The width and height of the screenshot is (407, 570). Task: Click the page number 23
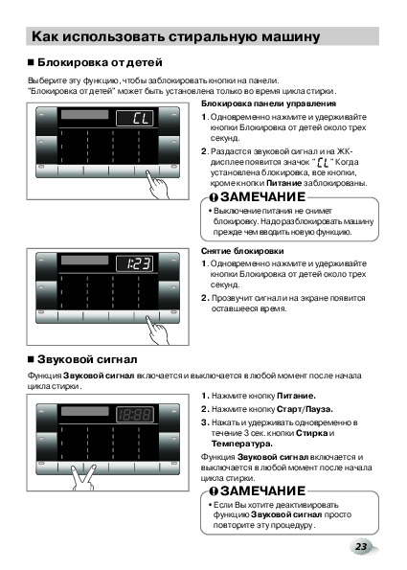tap(361, 546)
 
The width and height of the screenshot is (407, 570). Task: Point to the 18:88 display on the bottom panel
tap(135, 415)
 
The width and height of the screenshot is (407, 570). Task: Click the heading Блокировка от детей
tap(100, 62)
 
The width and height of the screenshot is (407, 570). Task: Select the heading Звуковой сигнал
tap(87, 359)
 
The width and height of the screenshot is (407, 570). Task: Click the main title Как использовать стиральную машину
tap(176, 36)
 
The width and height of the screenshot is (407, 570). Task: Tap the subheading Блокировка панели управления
tap(268, 103)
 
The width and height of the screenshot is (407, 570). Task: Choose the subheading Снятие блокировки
tap(242, 251)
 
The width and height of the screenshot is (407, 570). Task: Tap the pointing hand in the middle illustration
tap(158, 331)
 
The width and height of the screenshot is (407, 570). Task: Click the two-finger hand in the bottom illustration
tap(83, 477)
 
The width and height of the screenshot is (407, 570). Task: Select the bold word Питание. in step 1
tap(296, 396)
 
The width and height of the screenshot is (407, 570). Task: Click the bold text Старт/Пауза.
tap(305, 409)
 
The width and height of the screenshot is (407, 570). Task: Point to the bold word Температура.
tap(242, 444)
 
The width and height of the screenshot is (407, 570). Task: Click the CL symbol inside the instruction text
tap(323, 163)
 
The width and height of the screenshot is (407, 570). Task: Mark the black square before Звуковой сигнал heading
tap(32, 359)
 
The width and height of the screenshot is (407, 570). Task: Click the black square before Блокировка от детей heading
tap(32, 62)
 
